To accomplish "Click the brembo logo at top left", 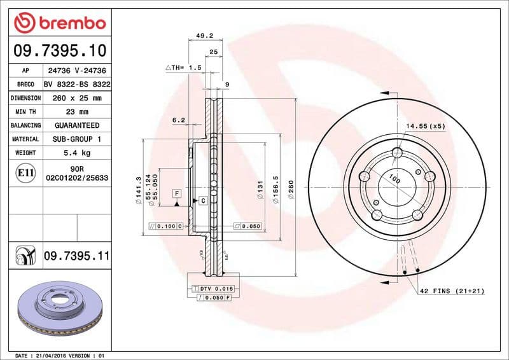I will click(x=59, y=23).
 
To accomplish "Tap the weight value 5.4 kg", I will click(x=76, y=153).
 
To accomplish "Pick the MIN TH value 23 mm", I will click(x=76, y=112).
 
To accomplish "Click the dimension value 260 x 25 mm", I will click(x=76, y=98).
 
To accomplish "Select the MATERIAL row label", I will click(x=26, y=139).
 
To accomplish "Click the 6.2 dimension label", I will click(x=178, y=120).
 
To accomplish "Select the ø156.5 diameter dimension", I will click(x=275, y=190).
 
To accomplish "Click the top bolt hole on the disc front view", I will click(x=398, y=153).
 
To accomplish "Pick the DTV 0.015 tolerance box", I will click(x=214, y=289).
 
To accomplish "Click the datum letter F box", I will click(x=176, y=192).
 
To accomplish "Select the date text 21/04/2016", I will click(x=50, y=355).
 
